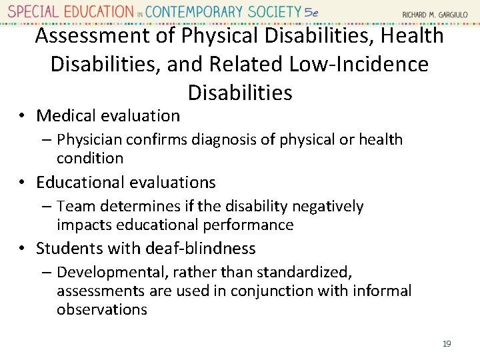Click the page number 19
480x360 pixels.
click(x=447, y=343)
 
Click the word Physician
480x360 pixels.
click(x=89, y=139)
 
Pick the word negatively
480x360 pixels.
click(x=327, y=207)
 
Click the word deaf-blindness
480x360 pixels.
click(x=201, y=248)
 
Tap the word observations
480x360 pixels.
click(x=101, y=309)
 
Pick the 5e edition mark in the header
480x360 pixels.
click(x=311, y=12)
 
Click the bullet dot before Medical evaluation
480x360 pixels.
click(x=23, y=116)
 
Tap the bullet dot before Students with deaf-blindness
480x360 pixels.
click(x=23, y=249)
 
